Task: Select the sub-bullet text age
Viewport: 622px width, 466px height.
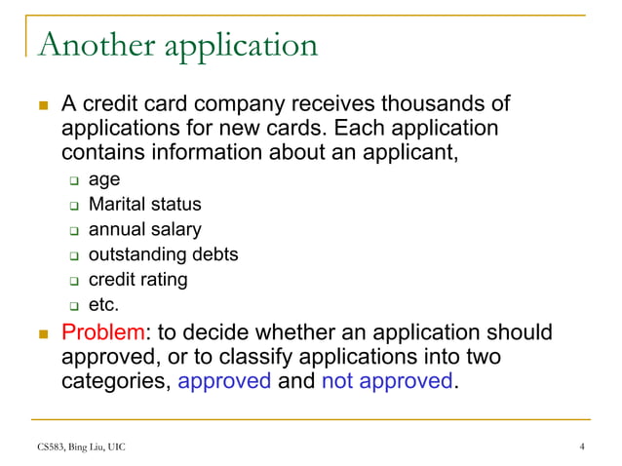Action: tap(104, 179)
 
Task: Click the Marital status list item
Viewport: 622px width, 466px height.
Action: tap(144, 205)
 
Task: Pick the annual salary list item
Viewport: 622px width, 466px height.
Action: tap(144, 230)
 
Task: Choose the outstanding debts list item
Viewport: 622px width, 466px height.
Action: tap(163, 254)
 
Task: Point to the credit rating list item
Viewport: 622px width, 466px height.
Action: tap(137, 280)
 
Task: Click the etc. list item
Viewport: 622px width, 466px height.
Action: tap(103, 305)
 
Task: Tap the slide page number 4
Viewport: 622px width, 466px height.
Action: tap(582, 447)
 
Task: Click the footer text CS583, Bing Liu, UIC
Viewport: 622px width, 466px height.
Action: tap(77, 447)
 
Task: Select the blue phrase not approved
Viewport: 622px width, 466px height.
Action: tap(387, 380)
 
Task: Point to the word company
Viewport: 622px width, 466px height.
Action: tap(241, 104)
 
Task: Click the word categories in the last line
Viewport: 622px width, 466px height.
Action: tap(114, 380)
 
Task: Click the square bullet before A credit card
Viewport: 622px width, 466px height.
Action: tap(43, 104)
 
